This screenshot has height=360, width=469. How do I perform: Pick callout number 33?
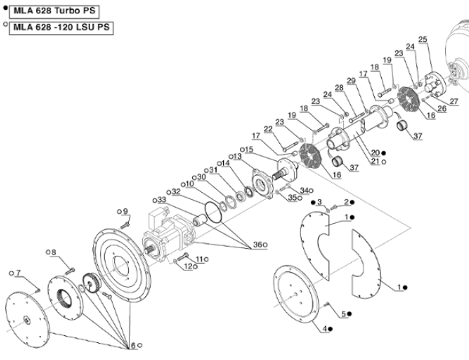(x=162, y=201)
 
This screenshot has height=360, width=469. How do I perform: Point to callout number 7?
(x=19, y=273)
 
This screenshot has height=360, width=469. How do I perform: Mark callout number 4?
(x=327, y=329)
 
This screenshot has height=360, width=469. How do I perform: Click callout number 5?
(x=344, y=313)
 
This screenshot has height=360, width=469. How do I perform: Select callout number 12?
(x=188, y=266)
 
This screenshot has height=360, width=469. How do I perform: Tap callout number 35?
(x=292, y=198)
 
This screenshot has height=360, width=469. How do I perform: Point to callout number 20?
(x=375, y=153)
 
